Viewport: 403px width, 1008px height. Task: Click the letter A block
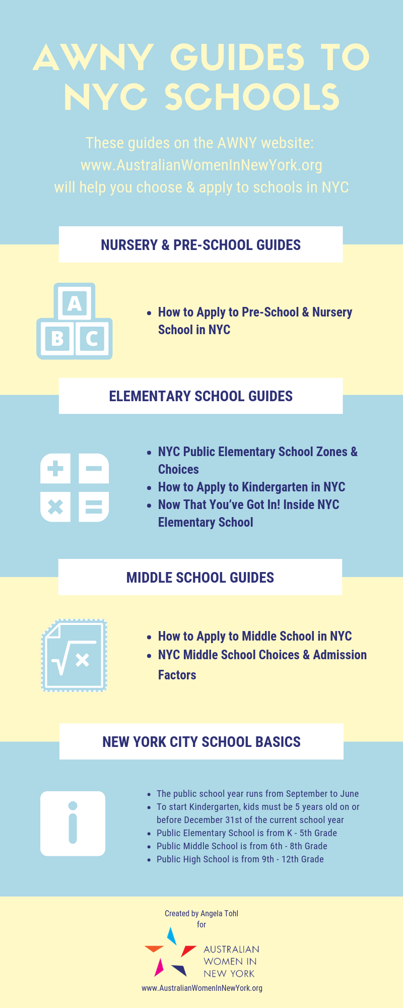(x=75, y=302)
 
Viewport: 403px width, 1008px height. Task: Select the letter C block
(x=93, y=338)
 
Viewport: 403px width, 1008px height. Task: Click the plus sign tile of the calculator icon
(x=55, y=469)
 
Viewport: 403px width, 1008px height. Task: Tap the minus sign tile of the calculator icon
(x=94, y=469)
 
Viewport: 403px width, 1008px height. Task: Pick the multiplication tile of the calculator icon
(x=55, y=507)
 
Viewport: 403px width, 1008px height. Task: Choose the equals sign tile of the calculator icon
(x=94, y=507)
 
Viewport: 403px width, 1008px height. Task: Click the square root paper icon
(x=75, y=655)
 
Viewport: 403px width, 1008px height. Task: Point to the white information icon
(x=73, y=824)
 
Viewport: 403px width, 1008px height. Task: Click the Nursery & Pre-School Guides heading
(x=200, y=245)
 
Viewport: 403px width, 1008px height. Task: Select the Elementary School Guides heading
(x=200, y=396)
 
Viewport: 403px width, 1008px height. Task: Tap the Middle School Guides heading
(x=200, y=578)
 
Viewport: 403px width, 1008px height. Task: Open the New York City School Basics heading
(x=201, y=742)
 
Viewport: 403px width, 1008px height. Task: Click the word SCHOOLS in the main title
(x=252, y=97)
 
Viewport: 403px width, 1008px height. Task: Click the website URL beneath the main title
(x=201, y=165)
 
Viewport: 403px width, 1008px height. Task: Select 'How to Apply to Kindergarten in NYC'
(x=251, y=487)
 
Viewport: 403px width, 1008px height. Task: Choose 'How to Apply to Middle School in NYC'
(x=254, y=636)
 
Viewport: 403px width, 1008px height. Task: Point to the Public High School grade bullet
(x=240, y=859)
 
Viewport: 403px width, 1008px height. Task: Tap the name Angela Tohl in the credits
(x=219, y=913)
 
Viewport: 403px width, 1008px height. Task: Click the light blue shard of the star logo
(x=172, y=935)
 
